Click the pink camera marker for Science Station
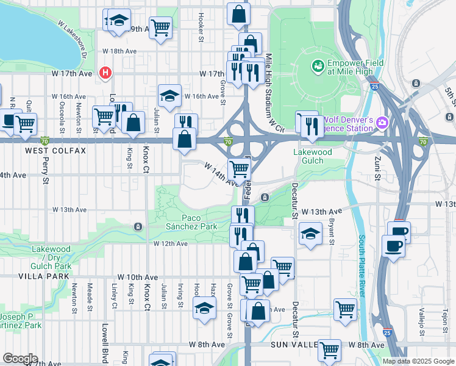tap(382, 123)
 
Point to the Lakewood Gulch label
tap(312, 156)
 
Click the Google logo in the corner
tap(20, 359)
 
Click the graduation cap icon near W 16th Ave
tap(169, 95)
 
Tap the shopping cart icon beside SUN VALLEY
tap(329, 350)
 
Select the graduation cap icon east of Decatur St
tap(310, 233)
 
